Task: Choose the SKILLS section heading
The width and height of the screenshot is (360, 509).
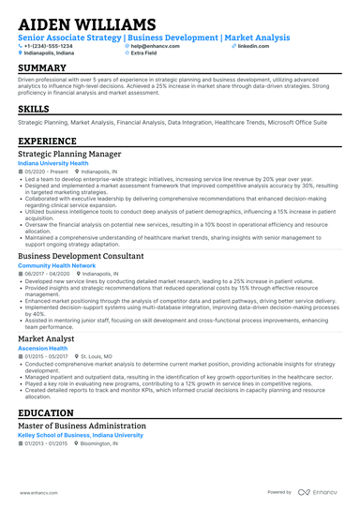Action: [34, 110]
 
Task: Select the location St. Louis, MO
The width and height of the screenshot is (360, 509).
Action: [97, 356]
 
